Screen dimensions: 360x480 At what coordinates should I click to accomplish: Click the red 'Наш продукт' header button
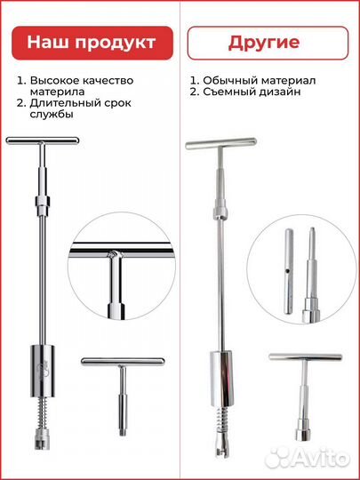point(92,43)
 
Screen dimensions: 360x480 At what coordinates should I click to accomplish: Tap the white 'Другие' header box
point(268,43)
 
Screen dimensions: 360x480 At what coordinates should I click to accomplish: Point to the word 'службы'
point(52,115)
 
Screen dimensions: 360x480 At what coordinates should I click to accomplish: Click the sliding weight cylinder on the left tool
point(43,371)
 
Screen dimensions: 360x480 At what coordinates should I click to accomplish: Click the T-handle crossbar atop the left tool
point(43,140)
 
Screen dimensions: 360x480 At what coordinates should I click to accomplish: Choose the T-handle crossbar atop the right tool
point(221,144)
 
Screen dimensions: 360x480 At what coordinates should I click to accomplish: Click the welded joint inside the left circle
point(115,255)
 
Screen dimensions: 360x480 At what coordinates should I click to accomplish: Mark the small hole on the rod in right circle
point(288,270)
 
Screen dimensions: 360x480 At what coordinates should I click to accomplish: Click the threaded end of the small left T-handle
point(123,431)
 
